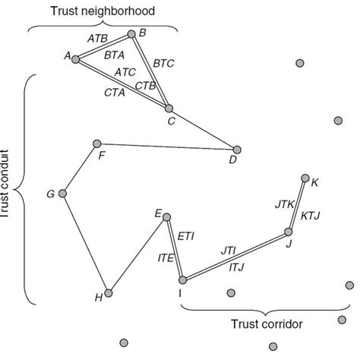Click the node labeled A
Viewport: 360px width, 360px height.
pyautogui.click(x=75, y=58)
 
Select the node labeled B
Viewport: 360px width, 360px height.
pyautogui.click(x=132, y=33)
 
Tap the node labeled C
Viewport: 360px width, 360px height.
pyautogui.click(x=169, y=109)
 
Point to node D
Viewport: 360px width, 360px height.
pyautogui.click(x=237, y=150)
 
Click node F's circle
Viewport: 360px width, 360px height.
pyautogui.click(x=96, y=143)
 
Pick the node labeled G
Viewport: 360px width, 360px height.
pyautogui.click(x=63, y=194)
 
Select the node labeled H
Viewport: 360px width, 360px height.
pyautogui.click(x=109, y=292)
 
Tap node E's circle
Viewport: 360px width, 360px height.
pyautogui.click(x=166, y=216)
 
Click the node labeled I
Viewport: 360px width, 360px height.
pyautogui.click(x=182, y=279)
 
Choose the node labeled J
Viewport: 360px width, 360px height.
pyautogui.click(x=289, y=232)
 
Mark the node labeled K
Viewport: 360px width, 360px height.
pyautogui.click(x=305, y=179)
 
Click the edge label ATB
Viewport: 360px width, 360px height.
pyautogui.click(x=97, y=38)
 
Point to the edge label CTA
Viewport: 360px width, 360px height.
pyautogui.click(x=115, y=92)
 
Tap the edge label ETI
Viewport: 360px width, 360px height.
pyautogui.click(x=186, y=237)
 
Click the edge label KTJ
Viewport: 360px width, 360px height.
pyautogui.click(x=311, y=216)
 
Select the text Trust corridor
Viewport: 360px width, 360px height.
pyautogui.click(x=266, y=324)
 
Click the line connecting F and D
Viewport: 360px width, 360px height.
pyautogui.click(x=167, y=147)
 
